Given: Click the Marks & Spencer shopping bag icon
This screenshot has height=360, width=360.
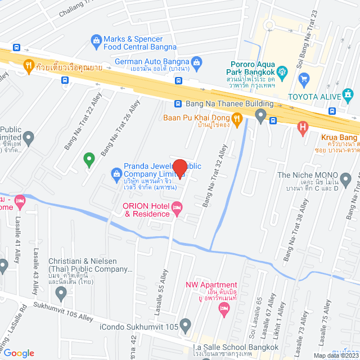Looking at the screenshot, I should [96, 40].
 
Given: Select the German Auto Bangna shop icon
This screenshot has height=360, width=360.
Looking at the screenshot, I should [196, 61].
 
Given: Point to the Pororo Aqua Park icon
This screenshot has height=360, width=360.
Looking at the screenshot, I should [282, 71].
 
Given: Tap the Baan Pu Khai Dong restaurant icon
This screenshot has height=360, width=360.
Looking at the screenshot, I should [237, 118].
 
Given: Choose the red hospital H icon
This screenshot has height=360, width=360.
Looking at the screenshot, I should [304, 129].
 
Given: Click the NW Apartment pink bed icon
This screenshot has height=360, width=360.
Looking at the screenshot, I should [224, 307].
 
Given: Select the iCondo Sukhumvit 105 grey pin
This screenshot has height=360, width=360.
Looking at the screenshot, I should [185, 325].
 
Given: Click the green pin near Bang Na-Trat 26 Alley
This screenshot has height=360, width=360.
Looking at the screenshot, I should [88, 160].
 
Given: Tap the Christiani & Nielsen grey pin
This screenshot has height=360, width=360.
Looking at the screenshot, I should [61, 292].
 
